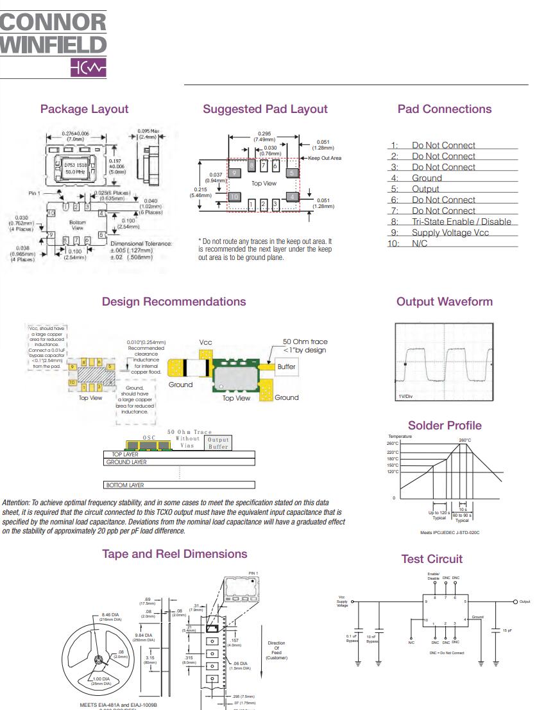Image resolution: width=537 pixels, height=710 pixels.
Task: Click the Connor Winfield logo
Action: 53,44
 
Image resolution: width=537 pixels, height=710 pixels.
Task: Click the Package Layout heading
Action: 84,109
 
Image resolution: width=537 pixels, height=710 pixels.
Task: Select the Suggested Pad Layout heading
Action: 265,109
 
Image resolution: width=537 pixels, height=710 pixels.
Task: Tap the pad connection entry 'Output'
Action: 425,189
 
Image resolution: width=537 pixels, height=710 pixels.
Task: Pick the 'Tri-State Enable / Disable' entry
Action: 461,221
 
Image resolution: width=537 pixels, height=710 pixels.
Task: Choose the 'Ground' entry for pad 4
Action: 427,178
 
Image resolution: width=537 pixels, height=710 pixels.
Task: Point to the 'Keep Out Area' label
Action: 325,158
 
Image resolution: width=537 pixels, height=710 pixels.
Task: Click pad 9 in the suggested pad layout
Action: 235,173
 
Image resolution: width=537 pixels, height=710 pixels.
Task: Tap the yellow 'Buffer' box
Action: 286,367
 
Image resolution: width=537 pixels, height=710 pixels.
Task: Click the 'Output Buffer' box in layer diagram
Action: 218,443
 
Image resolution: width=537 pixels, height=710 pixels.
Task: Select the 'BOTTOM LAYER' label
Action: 124,485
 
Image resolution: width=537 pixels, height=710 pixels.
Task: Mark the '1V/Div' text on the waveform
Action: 406,396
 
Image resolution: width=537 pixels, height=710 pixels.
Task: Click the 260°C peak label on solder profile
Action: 465,440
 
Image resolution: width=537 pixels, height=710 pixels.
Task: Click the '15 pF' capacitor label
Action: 507,630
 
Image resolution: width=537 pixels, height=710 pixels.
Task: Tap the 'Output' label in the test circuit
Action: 525,602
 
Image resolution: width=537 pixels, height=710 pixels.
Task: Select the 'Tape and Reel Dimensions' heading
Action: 175,553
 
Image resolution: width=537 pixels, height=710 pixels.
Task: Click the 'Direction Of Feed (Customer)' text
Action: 277,650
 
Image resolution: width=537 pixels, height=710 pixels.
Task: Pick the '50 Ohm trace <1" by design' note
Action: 305,345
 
